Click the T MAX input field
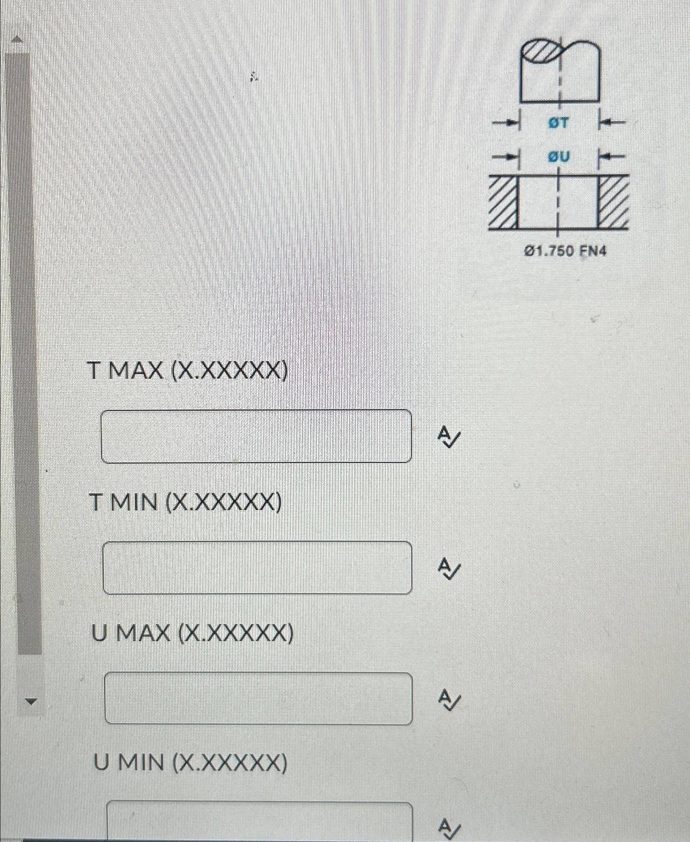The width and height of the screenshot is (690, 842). click(256, 436)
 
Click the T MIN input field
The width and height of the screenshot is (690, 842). click(257, 568)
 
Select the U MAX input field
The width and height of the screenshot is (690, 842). click(258, 698)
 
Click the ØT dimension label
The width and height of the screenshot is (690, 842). click(559, 123)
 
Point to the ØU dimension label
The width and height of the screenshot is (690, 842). click(559, 156)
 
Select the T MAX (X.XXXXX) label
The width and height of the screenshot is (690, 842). click(188, 370)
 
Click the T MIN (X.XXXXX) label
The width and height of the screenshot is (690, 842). click(186, 503)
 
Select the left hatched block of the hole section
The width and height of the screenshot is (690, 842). click(503, 202)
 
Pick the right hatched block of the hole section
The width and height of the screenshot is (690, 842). click(613, 202)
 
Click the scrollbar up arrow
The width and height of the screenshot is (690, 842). click(17, 39)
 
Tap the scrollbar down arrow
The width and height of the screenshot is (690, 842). click(29, 700)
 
